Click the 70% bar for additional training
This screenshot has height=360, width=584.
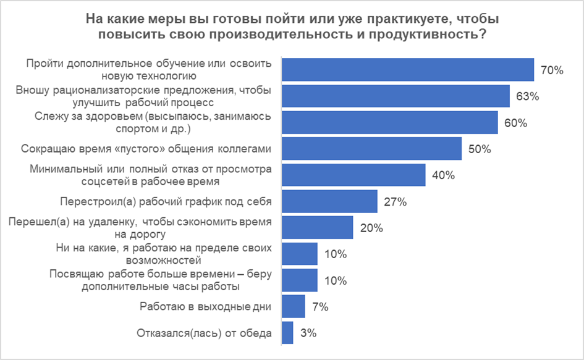click(x=407, y=70)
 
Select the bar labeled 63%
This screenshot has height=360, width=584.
click(x=396, y=96)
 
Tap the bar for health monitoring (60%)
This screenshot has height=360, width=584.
click(x=389, y=122)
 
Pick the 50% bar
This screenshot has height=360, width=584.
click(x=371, y=149)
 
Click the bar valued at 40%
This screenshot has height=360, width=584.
click(x=353, y=175)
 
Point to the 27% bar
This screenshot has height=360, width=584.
click(x=329, y=201)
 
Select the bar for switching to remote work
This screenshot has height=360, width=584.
click(x=317, y=227)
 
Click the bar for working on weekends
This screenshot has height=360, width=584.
click(x=294, y=306)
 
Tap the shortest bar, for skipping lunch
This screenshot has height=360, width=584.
click(x=287, y=332)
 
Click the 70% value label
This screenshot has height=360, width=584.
click(x=552, y=70)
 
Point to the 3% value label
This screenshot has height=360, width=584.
click(x=308, y=333)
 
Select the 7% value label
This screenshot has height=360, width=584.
click(x=320, y=307)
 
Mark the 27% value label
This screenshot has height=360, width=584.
click(x=395, y=202)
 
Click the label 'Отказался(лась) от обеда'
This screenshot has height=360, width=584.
click(x=205, y=334)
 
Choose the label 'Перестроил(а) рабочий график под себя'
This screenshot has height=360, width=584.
click(x=166, y=201)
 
